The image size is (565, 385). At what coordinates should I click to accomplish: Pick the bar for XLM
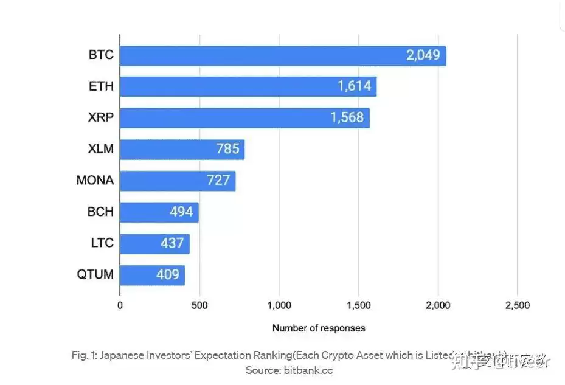pos(182,149)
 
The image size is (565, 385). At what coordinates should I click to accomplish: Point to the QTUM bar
pos(152,275)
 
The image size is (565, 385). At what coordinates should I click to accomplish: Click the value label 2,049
pos(423,56)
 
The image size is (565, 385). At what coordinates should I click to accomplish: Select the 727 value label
pos(218,181)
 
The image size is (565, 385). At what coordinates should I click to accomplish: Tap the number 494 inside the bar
pos(181,212)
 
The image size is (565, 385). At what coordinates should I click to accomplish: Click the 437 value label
pos(172,243)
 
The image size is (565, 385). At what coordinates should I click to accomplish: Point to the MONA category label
pos(95,181)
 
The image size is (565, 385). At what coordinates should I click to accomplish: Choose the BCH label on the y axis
pos(100,212)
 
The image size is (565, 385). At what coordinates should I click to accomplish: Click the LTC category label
pos(102,243)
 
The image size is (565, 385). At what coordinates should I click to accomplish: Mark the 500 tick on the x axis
pos(199,305)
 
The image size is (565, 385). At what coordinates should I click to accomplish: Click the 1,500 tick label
pos(358,305)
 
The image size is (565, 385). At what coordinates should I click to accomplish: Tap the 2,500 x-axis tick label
pos(517,305)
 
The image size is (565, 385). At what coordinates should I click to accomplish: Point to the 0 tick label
pos(120,305)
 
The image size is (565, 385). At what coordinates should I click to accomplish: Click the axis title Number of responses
pos(319,328)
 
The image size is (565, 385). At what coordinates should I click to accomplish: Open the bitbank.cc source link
pos(308,370)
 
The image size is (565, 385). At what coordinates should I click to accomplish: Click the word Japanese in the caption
pos(119,356)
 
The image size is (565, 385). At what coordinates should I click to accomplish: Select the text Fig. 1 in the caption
pos(82,356)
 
